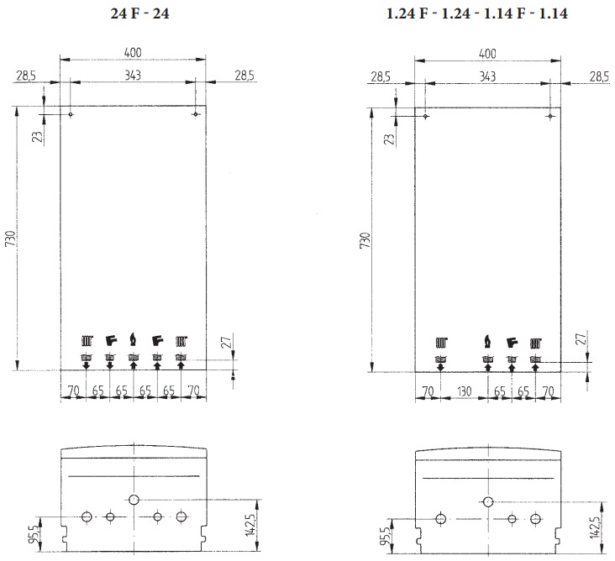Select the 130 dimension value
(x=463, y=391)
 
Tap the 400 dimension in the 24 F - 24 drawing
(x=133, y=53)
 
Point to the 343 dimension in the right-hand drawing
(x=487, y=76)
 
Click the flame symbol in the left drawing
(x=133, y=341)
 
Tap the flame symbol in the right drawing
(x=487, y=342)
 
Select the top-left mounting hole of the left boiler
(x=71, y=115)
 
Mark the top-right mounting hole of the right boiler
(x=549, y=115)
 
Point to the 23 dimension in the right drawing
(x=389, y=138)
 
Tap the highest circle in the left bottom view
(x=134, y=501)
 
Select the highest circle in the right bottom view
(x=488, y=502)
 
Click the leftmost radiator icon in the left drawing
(x=87, y=342)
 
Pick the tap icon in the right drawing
(x=511, y=343)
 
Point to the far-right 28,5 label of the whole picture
(x=598, y=76)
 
